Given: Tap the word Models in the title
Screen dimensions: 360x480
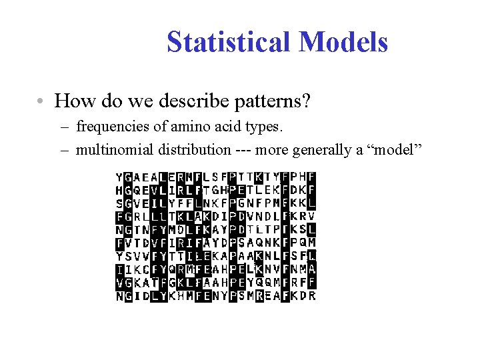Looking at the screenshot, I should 343,41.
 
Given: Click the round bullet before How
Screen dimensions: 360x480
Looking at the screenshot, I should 41,101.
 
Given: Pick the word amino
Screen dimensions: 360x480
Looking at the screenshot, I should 193,126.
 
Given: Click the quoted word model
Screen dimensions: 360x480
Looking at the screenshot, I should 395,149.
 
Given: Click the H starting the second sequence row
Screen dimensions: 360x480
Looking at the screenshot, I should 120,190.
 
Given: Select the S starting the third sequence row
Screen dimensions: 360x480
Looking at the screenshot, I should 120,203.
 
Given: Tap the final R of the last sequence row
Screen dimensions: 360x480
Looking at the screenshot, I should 311,295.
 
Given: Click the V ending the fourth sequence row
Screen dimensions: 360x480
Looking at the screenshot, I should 311,216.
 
